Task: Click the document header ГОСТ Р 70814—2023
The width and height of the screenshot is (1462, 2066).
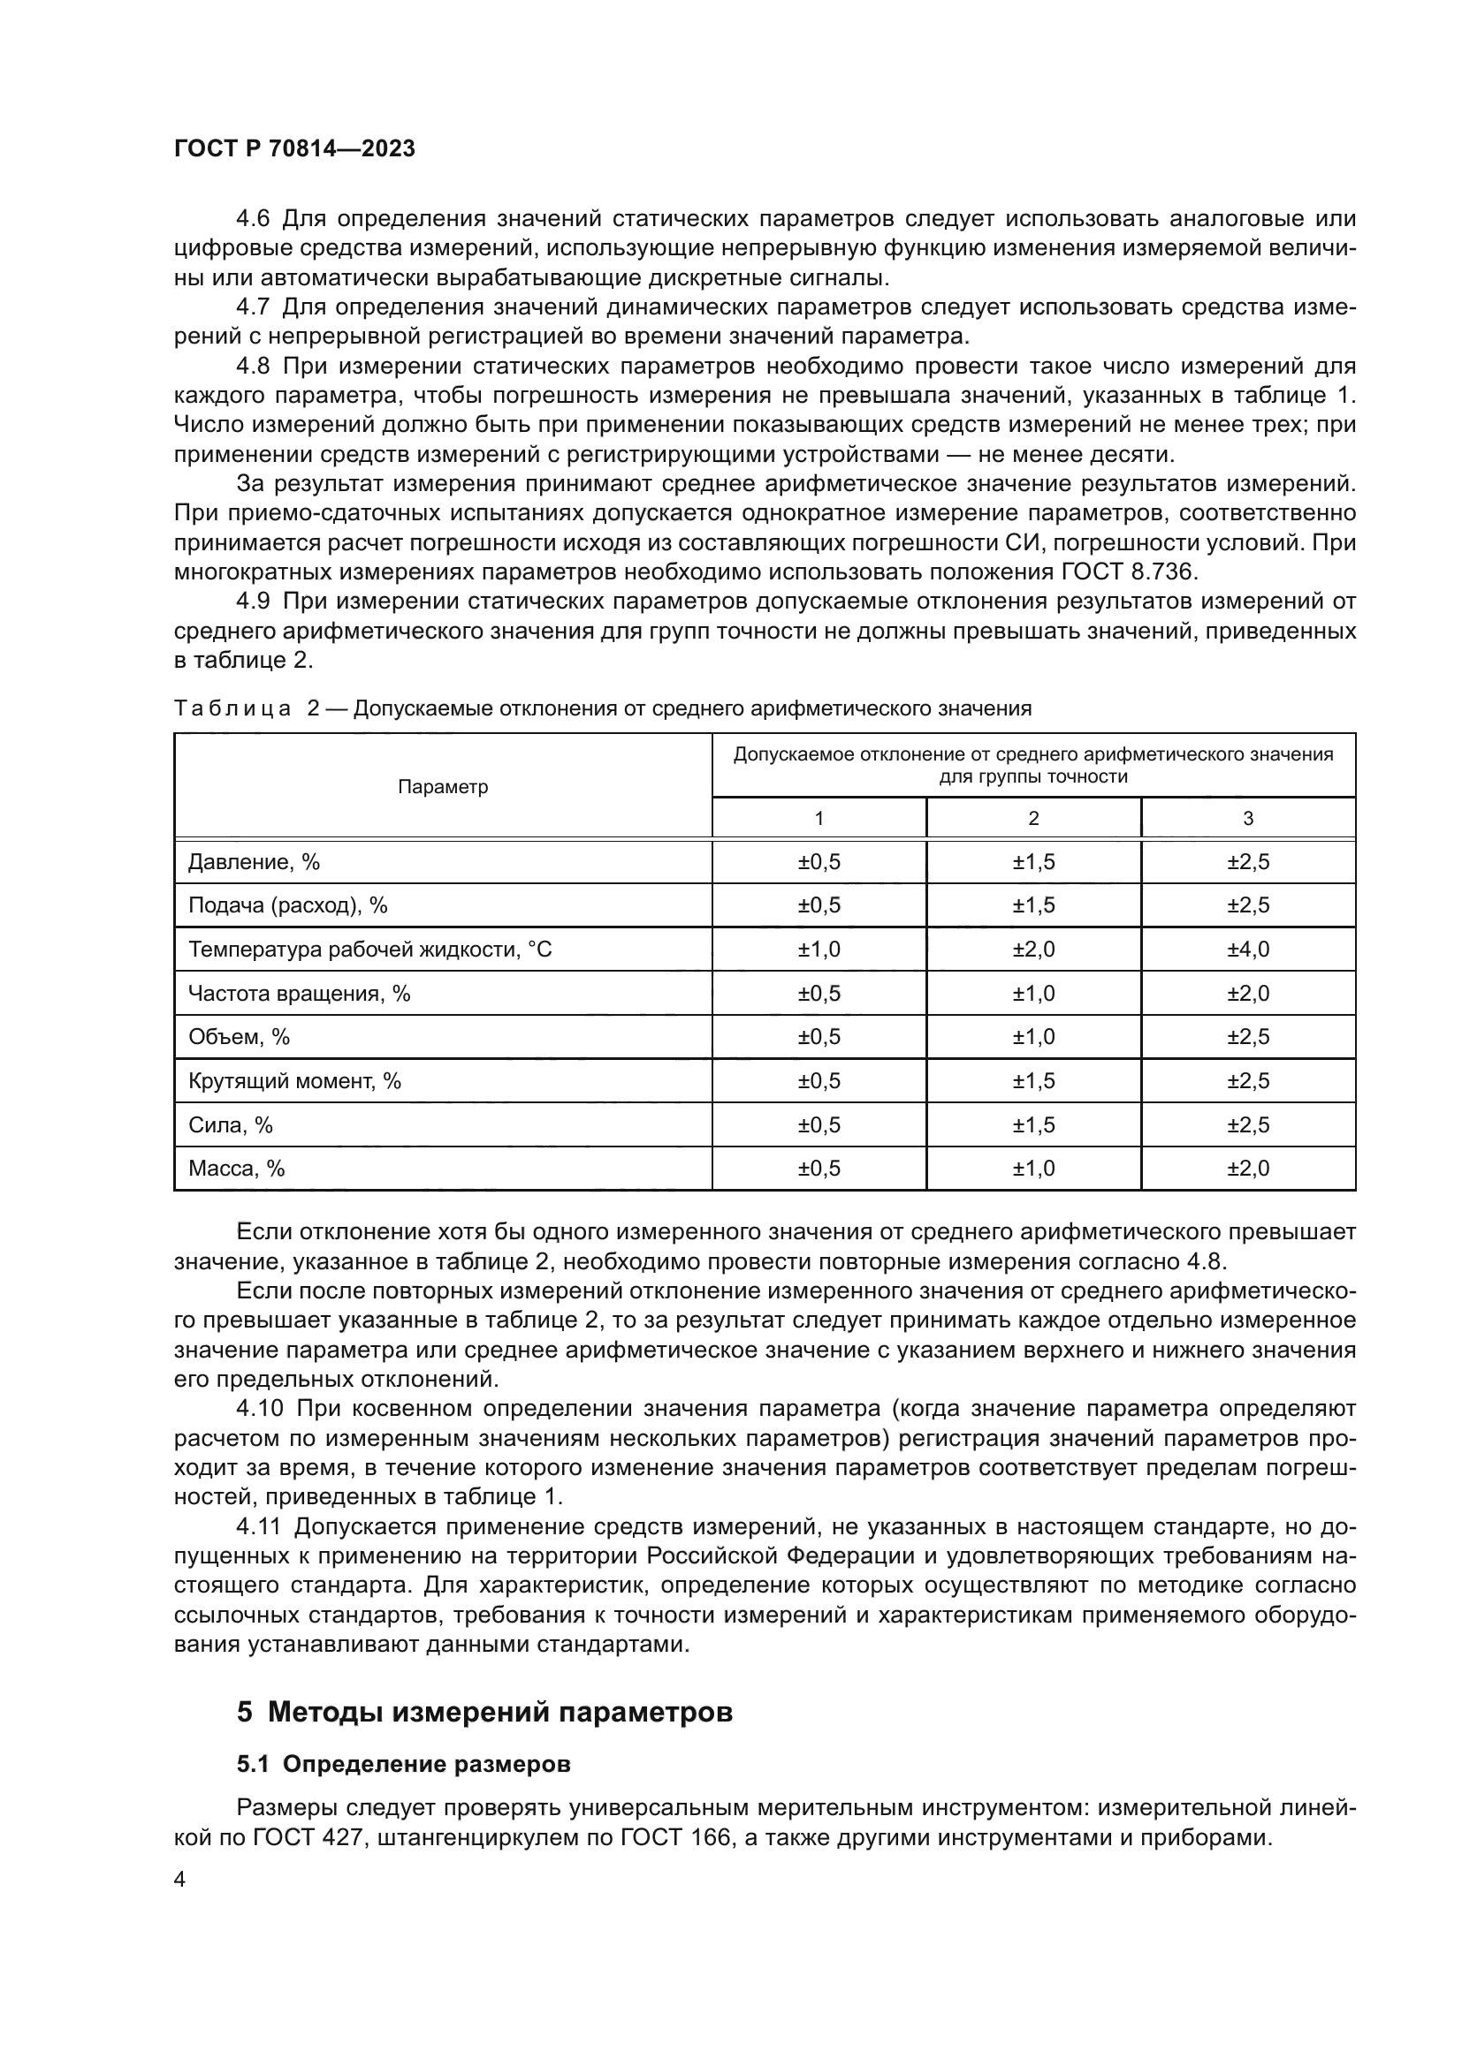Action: point(294,149)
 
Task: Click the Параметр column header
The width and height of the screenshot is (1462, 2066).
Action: point(443,786)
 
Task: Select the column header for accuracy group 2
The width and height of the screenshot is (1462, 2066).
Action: point(1032,818)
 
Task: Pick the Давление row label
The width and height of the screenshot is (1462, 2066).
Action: point(254,862)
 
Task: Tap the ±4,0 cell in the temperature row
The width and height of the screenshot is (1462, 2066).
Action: point(1248,950)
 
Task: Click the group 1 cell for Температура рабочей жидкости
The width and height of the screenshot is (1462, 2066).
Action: point(819,950)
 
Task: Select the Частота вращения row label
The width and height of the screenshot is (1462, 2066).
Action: point(299,994)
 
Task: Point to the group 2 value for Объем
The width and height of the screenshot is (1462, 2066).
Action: point(1032,1037)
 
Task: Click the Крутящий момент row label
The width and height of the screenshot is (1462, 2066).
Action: point(294,1080)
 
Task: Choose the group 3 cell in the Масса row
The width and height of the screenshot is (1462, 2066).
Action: point(1248,1168)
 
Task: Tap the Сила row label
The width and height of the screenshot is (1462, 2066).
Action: point(231,1124)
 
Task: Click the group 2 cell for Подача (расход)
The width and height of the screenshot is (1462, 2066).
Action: point(1032,905)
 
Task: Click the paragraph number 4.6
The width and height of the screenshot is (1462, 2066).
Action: point(252,219)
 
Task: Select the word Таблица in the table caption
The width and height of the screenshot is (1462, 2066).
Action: point(232,708)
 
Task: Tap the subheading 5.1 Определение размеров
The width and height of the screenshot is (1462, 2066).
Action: point(403,1765)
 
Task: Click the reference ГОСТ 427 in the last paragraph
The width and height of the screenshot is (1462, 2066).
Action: point(307,1837)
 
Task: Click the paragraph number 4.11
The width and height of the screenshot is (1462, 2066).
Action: point(258,1526)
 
